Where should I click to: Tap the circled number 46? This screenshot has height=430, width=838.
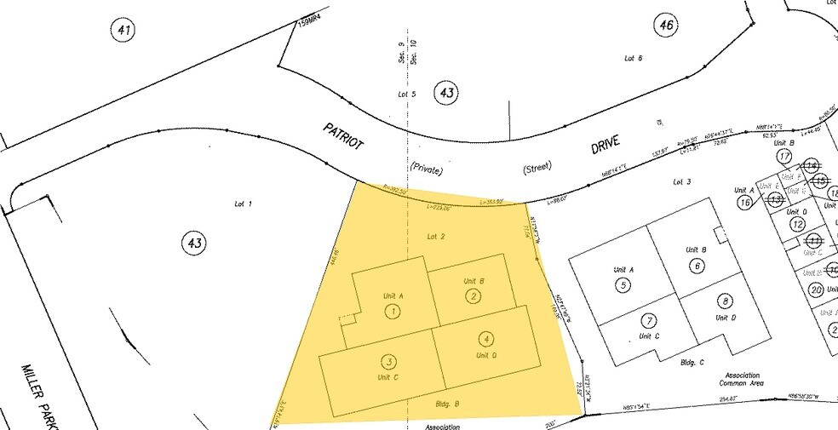coord(665,26)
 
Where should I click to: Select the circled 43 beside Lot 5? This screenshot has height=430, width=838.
coord(445,92)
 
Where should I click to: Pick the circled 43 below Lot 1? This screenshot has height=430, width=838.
coord(194,244)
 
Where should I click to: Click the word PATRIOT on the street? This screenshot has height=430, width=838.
coord(343,136)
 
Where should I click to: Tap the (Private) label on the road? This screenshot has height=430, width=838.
coord(427,169)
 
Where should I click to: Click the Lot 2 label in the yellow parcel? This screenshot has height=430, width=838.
coord(435,236)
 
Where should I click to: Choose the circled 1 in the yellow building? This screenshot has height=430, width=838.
coord(393,312)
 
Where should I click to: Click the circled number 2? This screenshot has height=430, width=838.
coord(473,296)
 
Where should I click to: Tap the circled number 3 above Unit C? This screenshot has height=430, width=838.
coord(388,361)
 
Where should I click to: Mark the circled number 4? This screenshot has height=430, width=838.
coord(485,338)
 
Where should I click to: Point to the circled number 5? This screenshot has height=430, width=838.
coord(623,285)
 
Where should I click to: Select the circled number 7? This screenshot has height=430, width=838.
coord(649,321)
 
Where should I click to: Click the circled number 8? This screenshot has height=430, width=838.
coord(726,301)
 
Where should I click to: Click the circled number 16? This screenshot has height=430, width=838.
coord(745,203)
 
